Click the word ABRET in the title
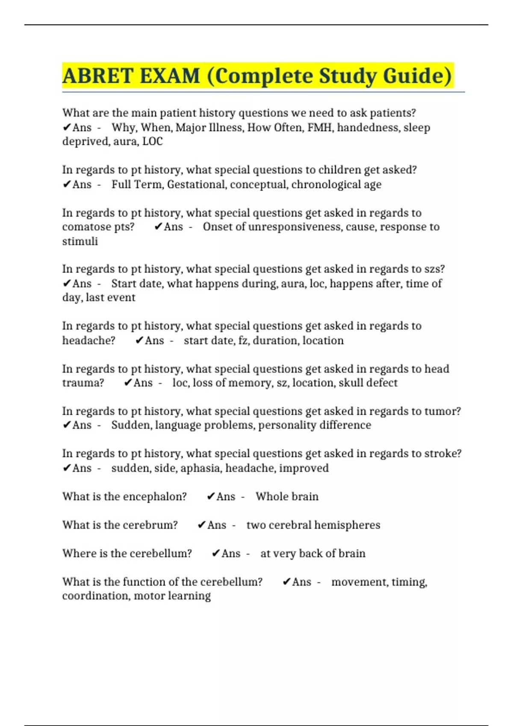click(97, 76)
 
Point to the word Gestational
click(197, 184)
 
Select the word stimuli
click(80, 241)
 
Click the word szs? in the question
click(434, 269)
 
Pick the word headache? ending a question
click(89, 340)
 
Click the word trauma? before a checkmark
click(83, 383)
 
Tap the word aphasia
click(200, 468)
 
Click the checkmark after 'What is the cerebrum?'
click(202, 525)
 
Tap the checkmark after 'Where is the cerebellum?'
click(216, 553)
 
